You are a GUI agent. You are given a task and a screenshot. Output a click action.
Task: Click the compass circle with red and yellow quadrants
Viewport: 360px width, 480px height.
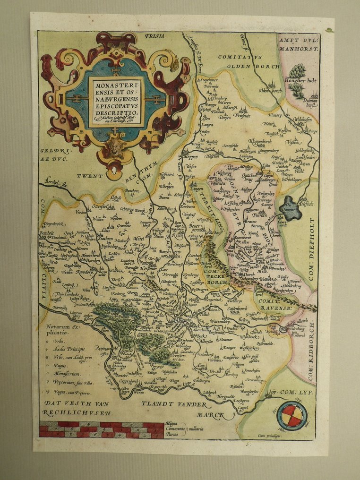pos(292,416)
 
